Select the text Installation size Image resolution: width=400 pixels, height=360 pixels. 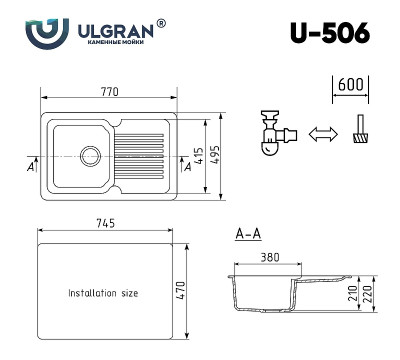pos(103,293)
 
